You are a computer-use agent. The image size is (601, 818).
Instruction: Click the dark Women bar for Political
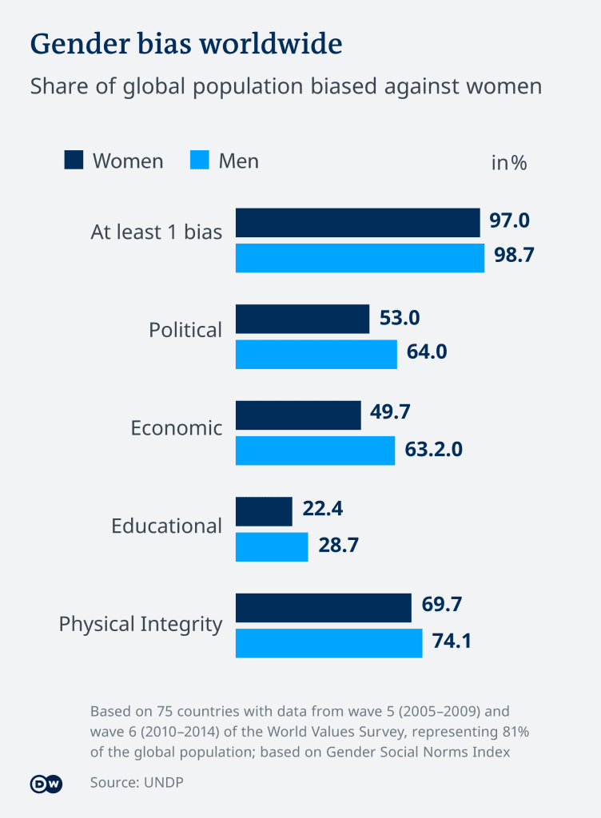[303, 319]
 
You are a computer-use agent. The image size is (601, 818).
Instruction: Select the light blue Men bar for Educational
[272, 546]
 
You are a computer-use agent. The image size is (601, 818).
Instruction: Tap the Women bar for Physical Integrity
[324, 608]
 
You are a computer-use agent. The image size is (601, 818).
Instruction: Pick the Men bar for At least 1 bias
[360, 258]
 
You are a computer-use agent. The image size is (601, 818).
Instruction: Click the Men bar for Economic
[315, 451]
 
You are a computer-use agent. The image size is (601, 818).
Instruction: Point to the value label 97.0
[509, 220]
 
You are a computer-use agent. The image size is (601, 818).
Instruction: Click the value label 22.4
[322, 508]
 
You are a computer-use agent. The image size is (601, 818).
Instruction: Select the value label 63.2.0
[433, 449]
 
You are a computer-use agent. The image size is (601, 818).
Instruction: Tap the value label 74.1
[452, 641]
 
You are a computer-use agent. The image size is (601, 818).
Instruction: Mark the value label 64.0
[427, 351]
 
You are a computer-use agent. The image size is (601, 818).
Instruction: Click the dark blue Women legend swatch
[74, 160]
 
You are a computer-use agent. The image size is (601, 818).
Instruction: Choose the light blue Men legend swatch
[200, 160]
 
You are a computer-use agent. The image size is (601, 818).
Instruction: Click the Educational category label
[166, 526]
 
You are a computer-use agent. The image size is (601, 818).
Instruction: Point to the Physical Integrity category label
[141, 625]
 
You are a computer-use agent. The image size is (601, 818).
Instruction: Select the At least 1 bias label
[157, 232]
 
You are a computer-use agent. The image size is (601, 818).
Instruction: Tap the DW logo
[46, 784]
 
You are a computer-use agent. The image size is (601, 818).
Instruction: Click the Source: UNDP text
[137, 783]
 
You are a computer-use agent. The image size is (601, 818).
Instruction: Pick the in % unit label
[508, 163]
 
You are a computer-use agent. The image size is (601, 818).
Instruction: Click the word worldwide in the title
[271, 43]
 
